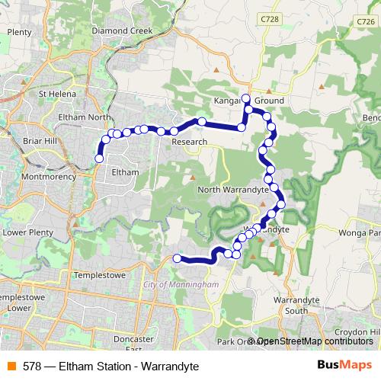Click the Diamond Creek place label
click(122, 31)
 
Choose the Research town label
click(189, 142)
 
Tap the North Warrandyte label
click(232, 189)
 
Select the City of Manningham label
click(181, 284)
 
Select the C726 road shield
click(365, 24)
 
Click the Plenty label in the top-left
click(19, 32)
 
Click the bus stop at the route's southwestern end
click(178, 258)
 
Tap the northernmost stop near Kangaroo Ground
click(245, 98)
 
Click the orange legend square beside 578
click(11, 367)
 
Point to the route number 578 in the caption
click(32, 367)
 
